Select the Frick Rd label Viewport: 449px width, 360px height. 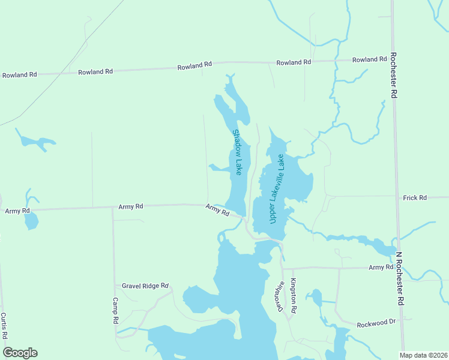(x=414, y=197)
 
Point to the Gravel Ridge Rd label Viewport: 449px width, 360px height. (x=145, y=286)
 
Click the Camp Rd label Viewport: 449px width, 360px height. (x=115, y=311)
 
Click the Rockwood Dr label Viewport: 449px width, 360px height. (x=376, y=323)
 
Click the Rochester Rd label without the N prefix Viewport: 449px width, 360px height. (x=393, y=75)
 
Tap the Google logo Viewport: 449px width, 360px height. (x=20, y=353)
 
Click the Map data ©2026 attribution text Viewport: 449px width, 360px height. (x=424, y=355)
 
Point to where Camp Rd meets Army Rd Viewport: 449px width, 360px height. (x=112, y=207)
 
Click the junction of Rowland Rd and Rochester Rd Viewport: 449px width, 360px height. (x=392, y=59)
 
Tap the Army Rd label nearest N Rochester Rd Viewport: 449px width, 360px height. (x=381, y=266)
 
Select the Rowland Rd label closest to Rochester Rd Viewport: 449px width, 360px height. (x=369, y=59)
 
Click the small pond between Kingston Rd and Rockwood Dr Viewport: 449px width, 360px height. (x=315, y=298)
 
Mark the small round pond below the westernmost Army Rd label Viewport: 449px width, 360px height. (x=31, y=222)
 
